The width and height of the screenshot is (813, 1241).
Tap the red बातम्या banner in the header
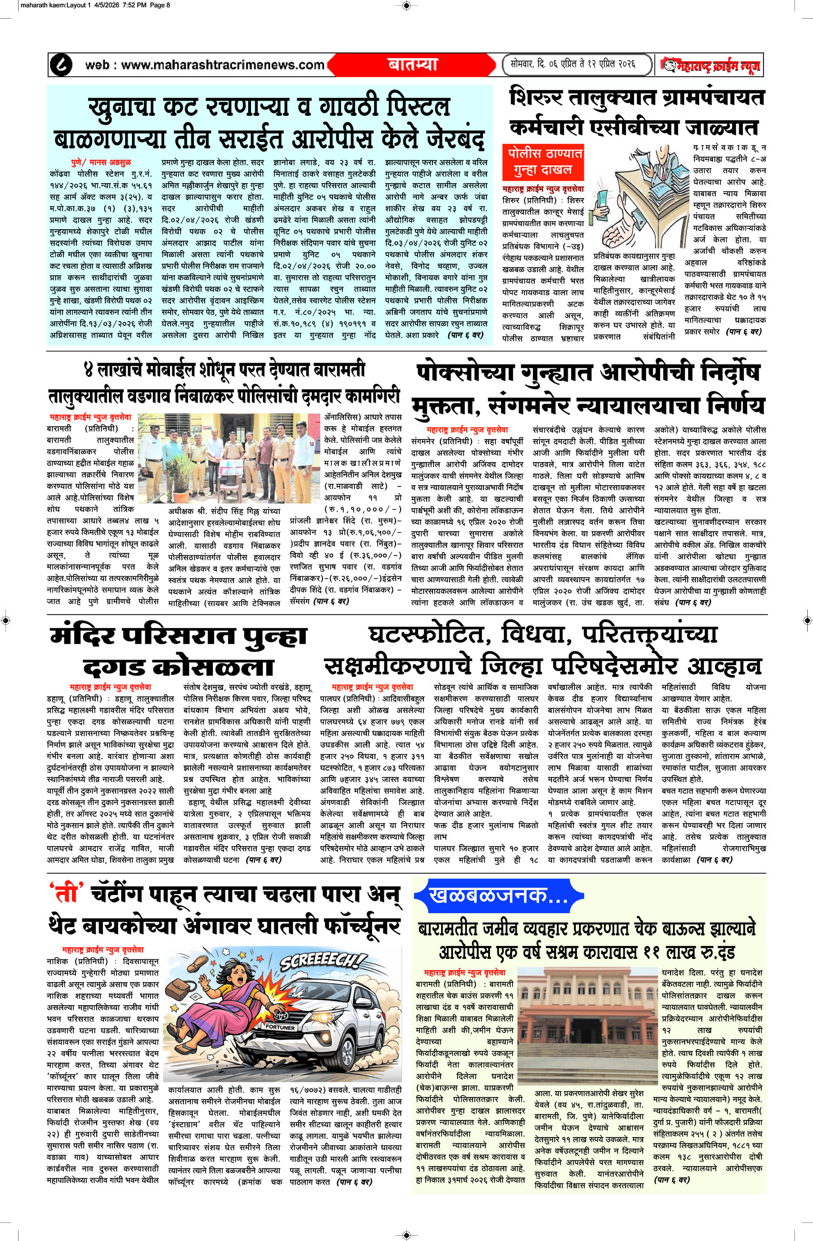[x=412, y=65]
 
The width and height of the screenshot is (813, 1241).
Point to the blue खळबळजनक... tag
[x=498, y=895]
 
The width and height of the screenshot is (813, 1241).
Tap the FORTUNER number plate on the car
[x=281, y=1027]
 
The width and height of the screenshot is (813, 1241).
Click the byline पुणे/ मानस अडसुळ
[x=101, y=162]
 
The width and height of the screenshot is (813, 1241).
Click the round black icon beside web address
[x=60, y=65]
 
